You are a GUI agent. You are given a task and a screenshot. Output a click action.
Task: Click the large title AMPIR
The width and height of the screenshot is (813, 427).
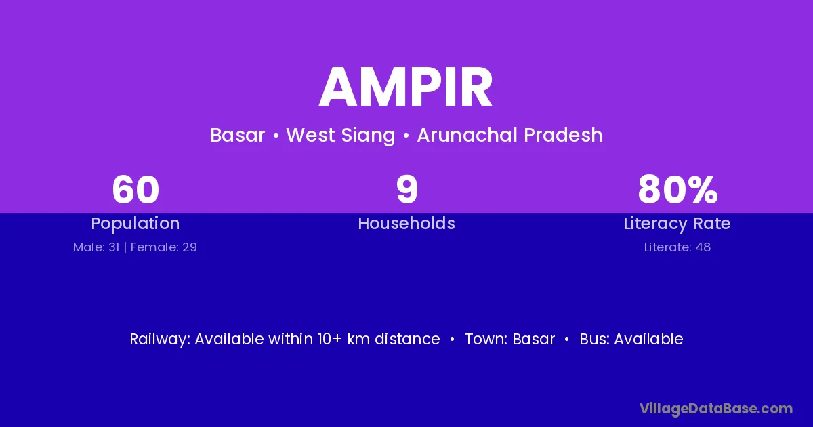click(x=406, y=87)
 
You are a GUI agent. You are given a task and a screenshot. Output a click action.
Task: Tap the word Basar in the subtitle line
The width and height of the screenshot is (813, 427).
click(x=238, y=135)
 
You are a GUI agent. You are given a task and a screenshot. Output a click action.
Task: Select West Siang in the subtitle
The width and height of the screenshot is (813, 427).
click(x=340, y=136)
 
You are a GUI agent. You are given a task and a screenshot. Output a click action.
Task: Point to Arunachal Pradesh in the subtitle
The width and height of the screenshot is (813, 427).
click(x=510, y=135)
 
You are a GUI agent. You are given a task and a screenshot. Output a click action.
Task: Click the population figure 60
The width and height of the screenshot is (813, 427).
click(x=135, y=190)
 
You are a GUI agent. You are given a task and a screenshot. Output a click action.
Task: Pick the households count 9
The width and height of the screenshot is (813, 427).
click(x=407, y=190)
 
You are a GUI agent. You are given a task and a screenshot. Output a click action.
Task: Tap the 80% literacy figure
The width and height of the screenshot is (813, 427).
click(x=677, y=190)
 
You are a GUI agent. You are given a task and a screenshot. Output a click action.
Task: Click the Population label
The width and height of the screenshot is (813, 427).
click(x=135, y=224)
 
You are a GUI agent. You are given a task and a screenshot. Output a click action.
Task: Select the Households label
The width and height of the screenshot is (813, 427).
click(x=406, y=223)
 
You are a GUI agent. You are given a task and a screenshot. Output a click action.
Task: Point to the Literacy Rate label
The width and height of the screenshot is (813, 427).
click(x=677, y=224)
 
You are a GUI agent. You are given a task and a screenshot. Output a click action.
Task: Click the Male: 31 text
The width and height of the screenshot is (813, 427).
click(x=96, y=247)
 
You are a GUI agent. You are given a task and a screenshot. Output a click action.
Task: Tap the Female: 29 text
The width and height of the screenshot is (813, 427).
click(x=164, y=247)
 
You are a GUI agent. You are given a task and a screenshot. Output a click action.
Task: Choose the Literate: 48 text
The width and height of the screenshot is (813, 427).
click(x=677, y=247)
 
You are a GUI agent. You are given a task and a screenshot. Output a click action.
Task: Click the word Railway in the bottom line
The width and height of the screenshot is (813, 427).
click(x=160, y=339)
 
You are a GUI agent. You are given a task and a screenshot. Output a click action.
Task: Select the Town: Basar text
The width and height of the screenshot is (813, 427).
click(x=510, y=339)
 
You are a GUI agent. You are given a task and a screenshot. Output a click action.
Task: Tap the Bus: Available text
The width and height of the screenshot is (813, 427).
click(x=631, y=339)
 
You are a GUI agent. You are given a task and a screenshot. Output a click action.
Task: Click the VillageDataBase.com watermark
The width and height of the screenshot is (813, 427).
click(x=716, y=409)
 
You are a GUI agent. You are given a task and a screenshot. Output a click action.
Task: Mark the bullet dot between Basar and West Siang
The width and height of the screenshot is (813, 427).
click(x=276, y=136)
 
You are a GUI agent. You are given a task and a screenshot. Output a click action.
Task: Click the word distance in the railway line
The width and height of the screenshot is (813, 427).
click(x=407, y=339)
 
